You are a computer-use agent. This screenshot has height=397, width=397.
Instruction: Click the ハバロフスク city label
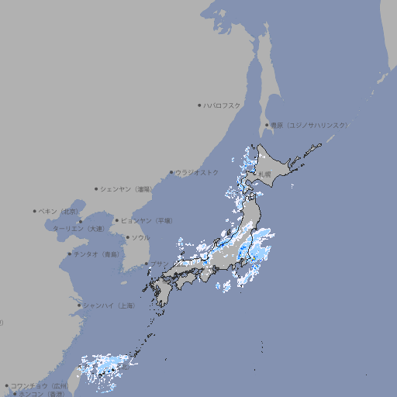click(x=223, y=105)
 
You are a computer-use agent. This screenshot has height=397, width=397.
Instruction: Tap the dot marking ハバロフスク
click(x=200, y=105)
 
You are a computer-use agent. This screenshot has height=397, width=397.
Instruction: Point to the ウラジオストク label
click(x=197, y=172)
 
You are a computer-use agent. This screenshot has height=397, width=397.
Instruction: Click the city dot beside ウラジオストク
click(x=172, y=172)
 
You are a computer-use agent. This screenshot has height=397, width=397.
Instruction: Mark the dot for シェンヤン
click(x=97, y=188)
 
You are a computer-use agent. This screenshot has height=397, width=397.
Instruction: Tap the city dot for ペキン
click(x=35, y=211)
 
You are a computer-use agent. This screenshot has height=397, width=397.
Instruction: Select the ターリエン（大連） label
click(x=78, y=229)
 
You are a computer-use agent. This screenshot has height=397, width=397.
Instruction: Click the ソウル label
click(x=140, y=237)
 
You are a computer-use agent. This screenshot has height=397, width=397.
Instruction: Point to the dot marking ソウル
click(x=127, y=237)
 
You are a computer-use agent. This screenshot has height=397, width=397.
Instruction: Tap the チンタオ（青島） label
click(x=97, y=254)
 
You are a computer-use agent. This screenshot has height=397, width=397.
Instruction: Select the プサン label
click(x=159, y=264)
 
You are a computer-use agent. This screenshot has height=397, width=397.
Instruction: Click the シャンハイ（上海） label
click(x=109, y=306)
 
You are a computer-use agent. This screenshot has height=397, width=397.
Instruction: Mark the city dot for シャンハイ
click(x=78, y=306)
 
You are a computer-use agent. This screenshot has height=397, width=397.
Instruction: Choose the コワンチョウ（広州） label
click(x=40, y=385)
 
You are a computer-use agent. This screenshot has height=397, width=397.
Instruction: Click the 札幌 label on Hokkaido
click(x=265, y=174)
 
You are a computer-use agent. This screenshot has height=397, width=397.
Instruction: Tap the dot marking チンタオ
click(x=69, y=254)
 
